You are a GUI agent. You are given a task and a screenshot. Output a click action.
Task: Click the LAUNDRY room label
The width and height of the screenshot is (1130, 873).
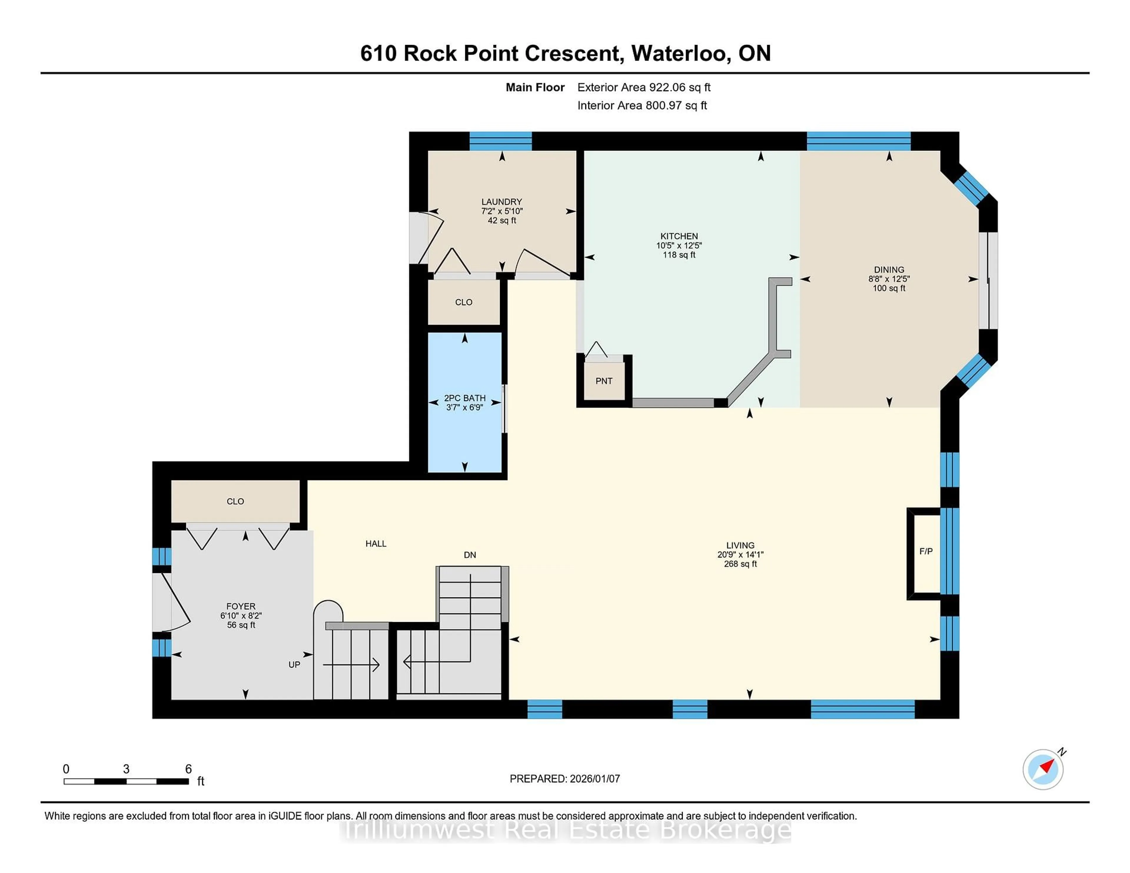[x=501, y=202]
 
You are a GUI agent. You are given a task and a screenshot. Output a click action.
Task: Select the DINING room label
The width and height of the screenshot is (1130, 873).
[x=889, y=269]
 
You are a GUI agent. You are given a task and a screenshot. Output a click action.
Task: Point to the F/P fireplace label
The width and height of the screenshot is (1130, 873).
[x=925, y=551]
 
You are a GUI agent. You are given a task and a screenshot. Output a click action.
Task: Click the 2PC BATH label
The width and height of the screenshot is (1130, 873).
[x=465, y=398]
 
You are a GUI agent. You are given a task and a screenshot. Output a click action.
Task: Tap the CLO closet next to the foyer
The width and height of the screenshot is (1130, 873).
[x=235, y=501]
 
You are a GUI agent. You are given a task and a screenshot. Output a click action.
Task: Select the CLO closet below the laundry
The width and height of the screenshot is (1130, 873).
[x=463, y=302]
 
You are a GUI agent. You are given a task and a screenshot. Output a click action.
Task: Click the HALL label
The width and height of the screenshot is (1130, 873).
[x=375, y=544]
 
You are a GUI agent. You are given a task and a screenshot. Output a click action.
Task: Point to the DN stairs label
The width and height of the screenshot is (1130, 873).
[x=470, y=555]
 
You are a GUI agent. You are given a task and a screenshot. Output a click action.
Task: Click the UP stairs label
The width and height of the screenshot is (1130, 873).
[x=294, y=664]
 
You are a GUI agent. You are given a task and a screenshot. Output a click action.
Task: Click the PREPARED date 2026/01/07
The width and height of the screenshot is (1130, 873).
[x=594, y=779]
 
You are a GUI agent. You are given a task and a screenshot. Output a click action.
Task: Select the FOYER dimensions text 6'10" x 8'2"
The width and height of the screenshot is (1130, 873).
[x=241, y=615]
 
